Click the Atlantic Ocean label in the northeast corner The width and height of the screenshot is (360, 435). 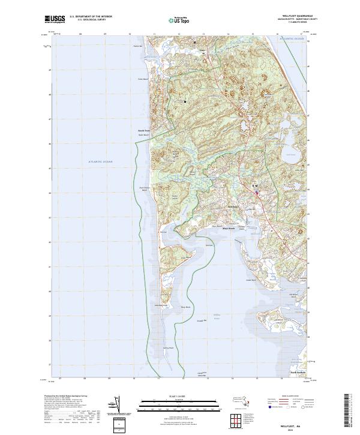(292, 38)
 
